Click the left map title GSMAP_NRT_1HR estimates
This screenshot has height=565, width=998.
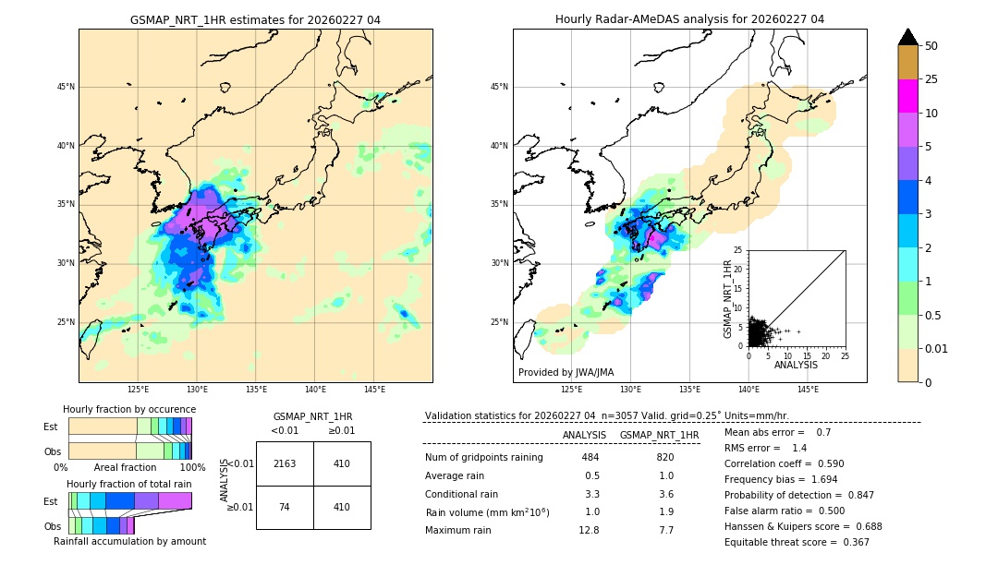coord(255,19)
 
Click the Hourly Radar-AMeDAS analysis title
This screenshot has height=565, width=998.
coord(689,19)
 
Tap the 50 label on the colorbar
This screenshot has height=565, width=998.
coord(931,46)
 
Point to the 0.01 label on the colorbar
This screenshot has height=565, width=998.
coord(937,348)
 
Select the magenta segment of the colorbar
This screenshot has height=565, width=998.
coord(907,96)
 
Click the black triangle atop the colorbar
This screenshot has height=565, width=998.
coord(907,37)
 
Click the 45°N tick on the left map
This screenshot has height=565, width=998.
coord(66,87)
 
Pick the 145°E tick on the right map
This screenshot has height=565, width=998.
coord(808,390)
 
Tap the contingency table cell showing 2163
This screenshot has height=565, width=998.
coord(285,463)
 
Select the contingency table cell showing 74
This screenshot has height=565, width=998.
coord(285,507)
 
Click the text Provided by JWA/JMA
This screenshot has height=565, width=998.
coord(566,372)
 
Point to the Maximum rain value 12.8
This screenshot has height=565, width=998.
coord(590,530)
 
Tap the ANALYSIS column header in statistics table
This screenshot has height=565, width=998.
coord(584,435)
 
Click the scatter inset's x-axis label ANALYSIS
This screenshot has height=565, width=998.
coord(796,365)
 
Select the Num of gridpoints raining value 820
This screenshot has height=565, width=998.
coord(664,457)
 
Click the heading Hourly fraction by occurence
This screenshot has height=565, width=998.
coord(129,409)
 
